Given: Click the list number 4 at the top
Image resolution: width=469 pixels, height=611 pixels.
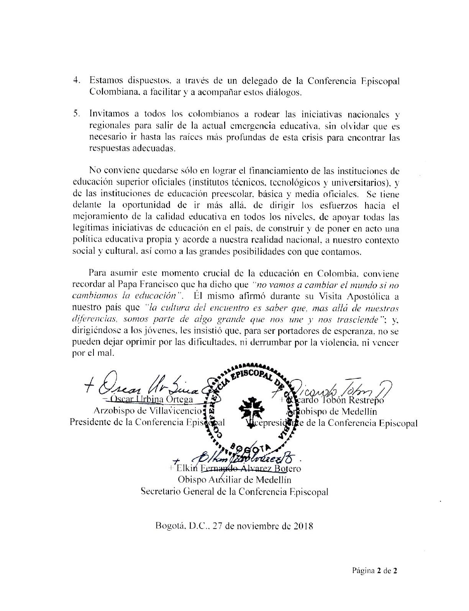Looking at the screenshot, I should [76, 81].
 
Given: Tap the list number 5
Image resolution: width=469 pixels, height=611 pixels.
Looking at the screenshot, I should [76, 114].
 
